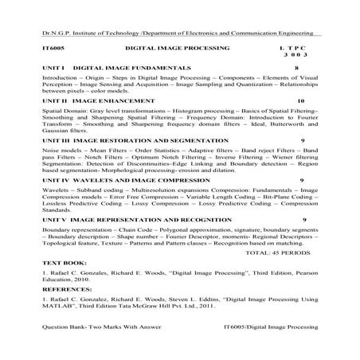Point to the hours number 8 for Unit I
point(296,69)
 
